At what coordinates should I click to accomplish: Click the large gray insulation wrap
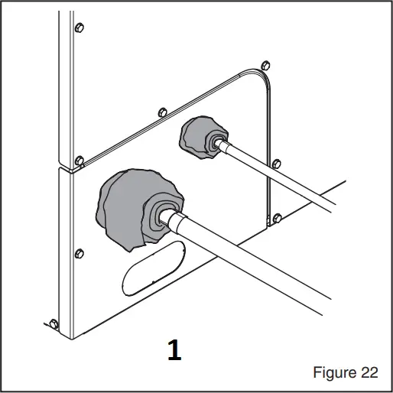point(122,207)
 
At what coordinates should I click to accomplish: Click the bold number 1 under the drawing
point(174,350)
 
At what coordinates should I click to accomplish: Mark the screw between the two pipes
point(277,163)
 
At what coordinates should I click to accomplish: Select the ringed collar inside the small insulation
point(216,143)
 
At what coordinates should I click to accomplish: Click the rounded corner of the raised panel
point(260,76)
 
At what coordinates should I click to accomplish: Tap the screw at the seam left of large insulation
point(80,160)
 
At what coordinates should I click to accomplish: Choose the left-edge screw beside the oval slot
point(77,252)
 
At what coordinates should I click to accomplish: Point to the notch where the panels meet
point(67,167)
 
